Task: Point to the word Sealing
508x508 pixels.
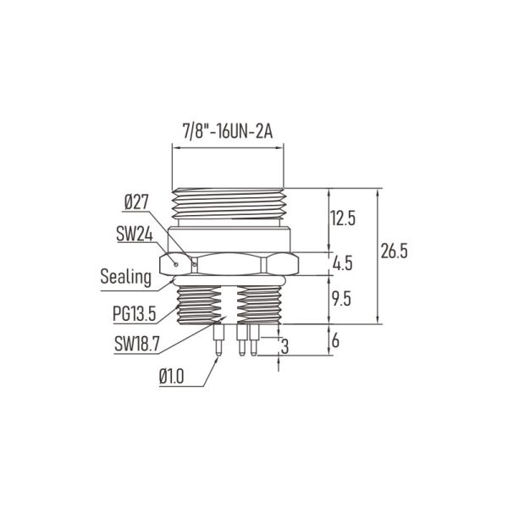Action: [125, 276]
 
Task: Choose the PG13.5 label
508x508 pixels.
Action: [134, 315]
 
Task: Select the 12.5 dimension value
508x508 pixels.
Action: [343, 218]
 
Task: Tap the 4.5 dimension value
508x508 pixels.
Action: [343, 264]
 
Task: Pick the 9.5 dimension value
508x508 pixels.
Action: [343, 298]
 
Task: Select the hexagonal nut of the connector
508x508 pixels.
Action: [231, 263]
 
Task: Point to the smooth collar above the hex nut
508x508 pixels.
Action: [231, 238]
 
